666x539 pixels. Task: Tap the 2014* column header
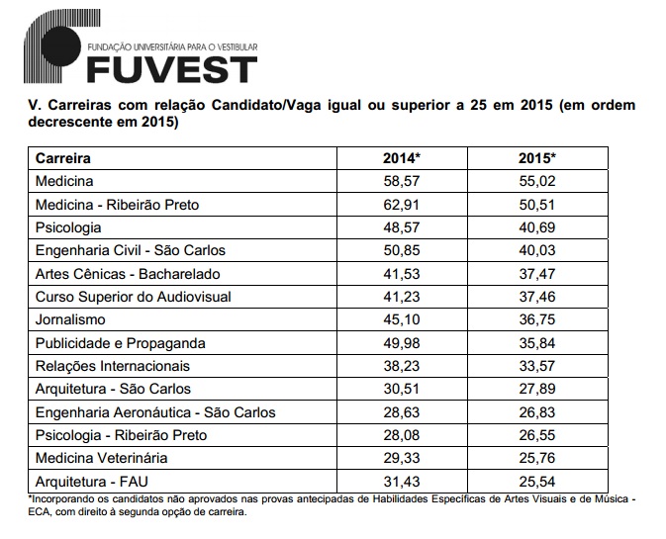coord(402,158)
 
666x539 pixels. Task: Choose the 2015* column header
coord(537,158)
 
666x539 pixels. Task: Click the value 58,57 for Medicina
coord(402,182)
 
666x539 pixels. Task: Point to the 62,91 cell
coord(402,205)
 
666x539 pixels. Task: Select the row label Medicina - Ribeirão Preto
coord(117,205)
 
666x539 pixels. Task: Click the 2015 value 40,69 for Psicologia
coord(537,227)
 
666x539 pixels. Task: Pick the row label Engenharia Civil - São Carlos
coord(131,250)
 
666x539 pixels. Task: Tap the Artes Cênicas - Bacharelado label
coord(128,274)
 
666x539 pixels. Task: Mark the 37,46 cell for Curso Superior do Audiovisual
coord(537,297)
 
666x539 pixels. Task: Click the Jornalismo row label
coord(69,319)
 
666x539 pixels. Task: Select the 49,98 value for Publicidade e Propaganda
coord(402,343)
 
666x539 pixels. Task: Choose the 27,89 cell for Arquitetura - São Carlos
coord(537,389)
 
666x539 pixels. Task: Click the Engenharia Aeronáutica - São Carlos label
coord(154,412)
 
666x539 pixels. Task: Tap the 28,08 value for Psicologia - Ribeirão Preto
coord(402,435)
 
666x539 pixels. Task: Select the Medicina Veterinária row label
coord(101,458)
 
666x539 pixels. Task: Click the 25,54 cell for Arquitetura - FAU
coord(537,482)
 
